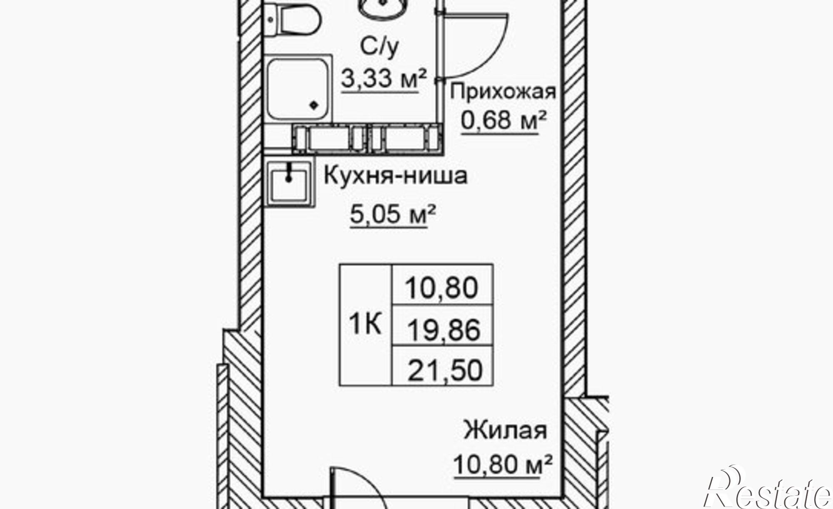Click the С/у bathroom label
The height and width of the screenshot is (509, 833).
379,47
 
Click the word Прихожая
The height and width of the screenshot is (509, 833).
503,92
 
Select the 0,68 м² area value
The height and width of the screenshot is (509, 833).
503,121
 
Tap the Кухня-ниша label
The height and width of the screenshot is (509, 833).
396,176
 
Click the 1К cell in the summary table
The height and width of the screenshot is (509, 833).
365,325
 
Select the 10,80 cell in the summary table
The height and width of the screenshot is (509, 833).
442,287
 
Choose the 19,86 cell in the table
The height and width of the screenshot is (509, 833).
443,330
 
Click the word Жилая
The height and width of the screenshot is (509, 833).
505,431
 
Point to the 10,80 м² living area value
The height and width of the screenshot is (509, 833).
503,464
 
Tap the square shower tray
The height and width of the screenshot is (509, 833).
298,89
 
